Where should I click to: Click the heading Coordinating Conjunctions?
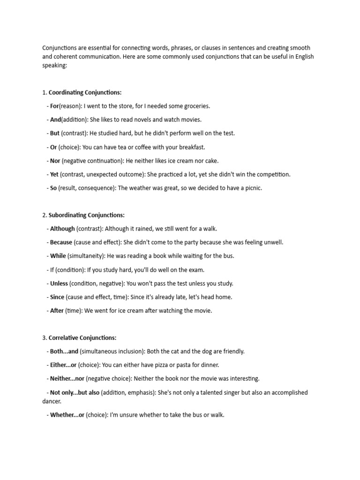(85, 92)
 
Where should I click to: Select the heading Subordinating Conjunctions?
(86, 215)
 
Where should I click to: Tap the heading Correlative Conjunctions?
(82, 337)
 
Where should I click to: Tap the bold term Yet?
(54, 174)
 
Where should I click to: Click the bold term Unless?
(59, 283)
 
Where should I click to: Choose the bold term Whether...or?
(67, 415)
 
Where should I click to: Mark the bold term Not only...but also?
(75, 392)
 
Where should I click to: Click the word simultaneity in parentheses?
(86, 256)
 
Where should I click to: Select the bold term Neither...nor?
(67, 378)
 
